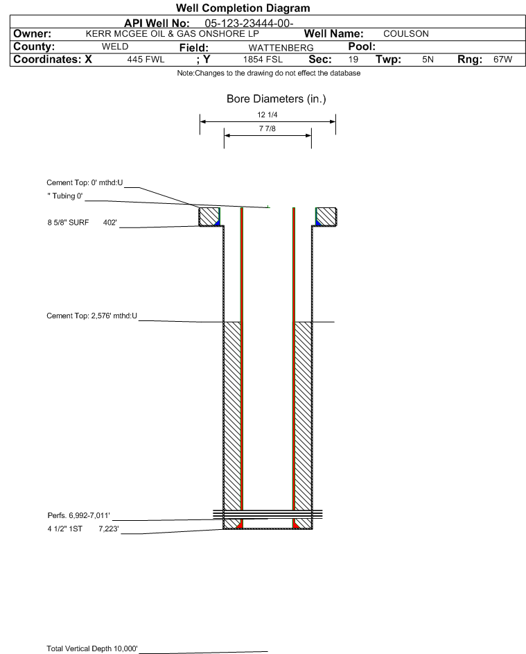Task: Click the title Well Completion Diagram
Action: [243, 8]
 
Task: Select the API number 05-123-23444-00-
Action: [249, 24]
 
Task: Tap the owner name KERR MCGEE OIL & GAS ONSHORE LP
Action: [172, 34]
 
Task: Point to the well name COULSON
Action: [406, 34]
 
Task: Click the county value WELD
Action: [115, 46]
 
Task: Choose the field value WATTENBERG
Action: [281, 48]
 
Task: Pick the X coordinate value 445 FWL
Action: [146, 60]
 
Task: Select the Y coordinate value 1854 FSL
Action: [263, 60]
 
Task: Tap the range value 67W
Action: [502, 60]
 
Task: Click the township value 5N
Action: [428, 60]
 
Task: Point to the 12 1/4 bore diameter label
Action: [268, 114]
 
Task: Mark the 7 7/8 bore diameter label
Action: [268, 128]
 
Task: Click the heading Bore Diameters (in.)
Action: [277, 99]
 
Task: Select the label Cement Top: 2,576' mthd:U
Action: [91, 316]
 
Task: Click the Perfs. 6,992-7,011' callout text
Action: [79, 515]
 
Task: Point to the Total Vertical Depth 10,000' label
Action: [92, 648]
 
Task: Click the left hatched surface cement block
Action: [209, 217]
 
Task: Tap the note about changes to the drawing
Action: [269, 74]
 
